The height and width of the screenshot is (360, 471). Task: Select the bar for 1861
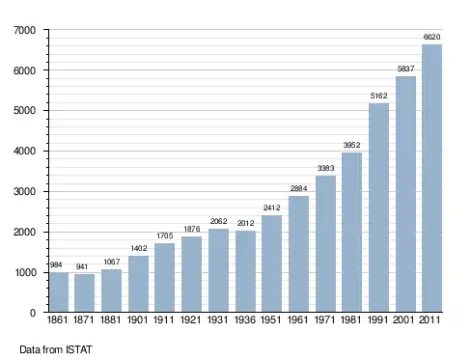coord(59,292)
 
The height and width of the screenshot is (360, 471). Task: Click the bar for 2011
coord(431,179)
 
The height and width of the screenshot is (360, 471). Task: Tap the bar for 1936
coord(245,271)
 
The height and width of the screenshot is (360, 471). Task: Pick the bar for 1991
coord(378,208)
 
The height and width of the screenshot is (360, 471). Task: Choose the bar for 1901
coord(138,284)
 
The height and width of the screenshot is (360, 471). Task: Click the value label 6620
coord(431,37)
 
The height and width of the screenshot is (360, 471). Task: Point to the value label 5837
coord(405,69)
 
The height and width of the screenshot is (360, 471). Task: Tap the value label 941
coord(82,266)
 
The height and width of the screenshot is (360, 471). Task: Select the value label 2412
coord(272,208)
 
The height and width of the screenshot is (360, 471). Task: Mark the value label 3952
coord(351,145)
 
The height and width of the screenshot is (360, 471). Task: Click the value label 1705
coord(165,235)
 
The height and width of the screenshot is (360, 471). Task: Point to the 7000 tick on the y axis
coord(25,30)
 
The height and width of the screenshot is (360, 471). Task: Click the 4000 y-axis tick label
coord(25,151)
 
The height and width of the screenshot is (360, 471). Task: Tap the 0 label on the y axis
coord(33,313)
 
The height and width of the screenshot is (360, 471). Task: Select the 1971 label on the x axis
coord(324,319)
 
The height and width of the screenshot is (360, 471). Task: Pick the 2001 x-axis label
coord(403,319)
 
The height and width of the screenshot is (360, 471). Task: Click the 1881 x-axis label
coord(111,319)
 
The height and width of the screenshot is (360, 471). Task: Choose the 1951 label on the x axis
coord(271,319)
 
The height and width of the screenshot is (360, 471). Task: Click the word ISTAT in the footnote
coord(79,349)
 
